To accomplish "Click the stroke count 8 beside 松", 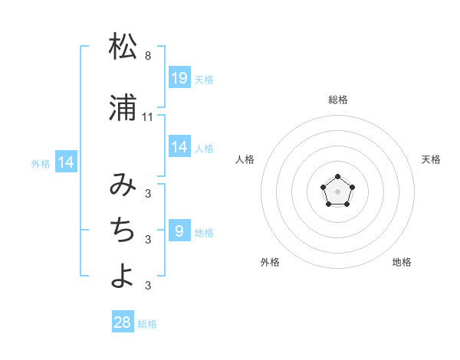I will pyautogui.click(x=148, y=56).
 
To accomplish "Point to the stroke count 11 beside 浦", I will pyautogui.click(x=148, y=116).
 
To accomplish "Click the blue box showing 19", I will pyautogui.click(x=179, y=77).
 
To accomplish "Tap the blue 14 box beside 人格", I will pyautogui.click(x=179, y=147).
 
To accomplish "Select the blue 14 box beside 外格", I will pyautogui.click(x=66, y=162).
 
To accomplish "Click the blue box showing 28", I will pyautogui.click(x=123, y=322).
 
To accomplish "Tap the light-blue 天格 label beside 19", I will pyautogui.click(x=204, y=79).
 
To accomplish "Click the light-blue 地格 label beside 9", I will pyautogui.click(x=204, y=232).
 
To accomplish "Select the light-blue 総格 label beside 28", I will pyautogui.click(x=147, y=324).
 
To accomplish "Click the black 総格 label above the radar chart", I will pyautogui.click(x=338, y=100).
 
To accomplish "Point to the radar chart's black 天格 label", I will pyautogui.click(x=431, y=159).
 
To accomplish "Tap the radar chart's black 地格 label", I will pyautogui.click(x=402, y=262).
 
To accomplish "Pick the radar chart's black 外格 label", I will pyautogui.click(x=270, y=262).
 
